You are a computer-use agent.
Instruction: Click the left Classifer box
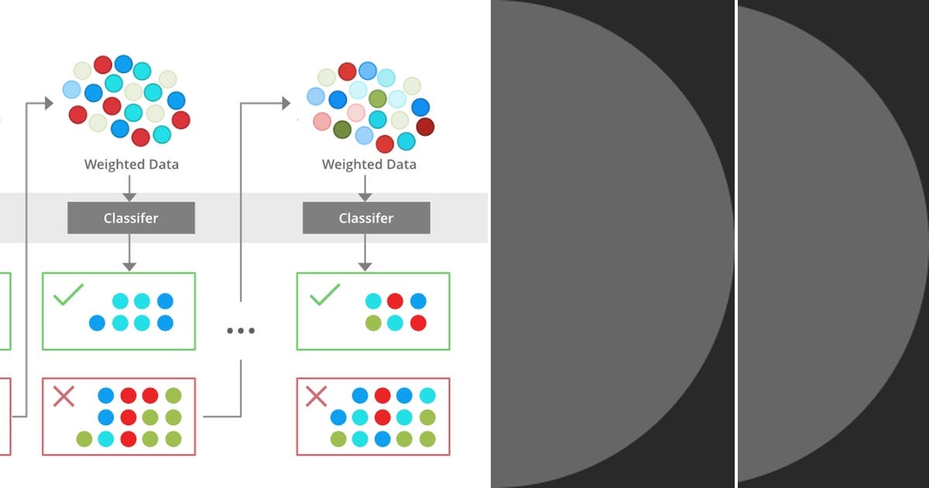click(131, 218)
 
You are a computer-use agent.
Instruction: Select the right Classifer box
click(366, 218)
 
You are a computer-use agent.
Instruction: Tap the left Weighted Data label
click(131, 164)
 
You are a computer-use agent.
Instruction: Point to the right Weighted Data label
click(369, 164)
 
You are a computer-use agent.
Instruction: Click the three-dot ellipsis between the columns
click(241, 331)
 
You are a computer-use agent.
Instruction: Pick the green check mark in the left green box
click(68, 295)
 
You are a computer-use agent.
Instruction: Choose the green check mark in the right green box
click(324, 294)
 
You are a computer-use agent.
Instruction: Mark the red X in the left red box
click(63, 397)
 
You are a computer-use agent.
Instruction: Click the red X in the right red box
click(317, 397)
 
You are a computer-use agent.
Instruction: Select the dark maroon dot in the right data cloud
click(425, 127)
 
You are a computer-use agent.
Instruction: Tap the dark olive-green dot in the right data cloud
click(341, 129)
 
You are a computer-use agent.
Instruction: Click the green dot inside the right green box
click(373, 323)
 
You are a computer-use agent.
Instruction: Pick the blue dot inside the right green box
click(418, 301)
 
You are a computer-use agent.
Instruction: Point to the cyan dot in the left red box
click(106, 439)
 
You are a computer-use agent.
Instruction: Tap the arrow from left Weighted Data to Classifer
click(129, 187)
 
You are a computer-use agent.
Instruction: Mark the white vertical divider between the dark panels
click(736, 244)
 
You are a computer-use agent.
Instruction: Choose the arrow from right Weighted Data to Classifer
click(365, 187)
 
